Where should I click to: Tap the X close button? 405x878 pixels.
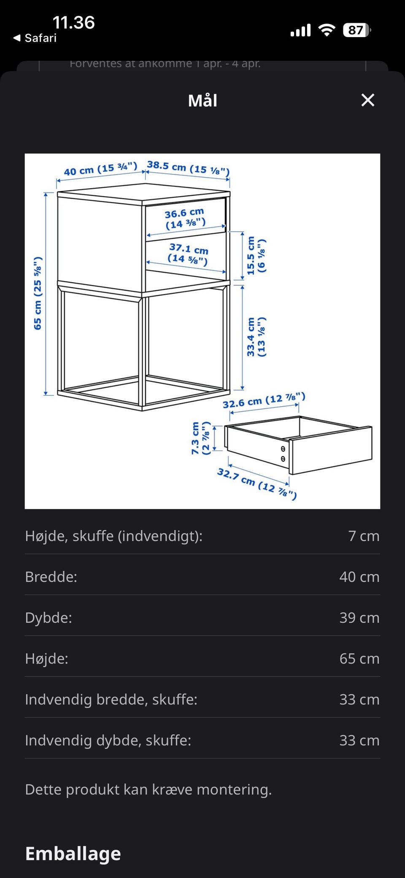coord(368,100)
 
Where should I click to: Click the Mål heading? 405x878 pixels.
coord(202,100)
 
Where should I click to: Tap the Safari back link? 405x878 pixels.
coord(35,38)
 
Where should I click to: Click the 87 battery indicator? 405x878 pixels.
coord(357,30)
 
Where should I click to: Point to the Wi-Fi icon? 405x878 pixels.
coord(327,30)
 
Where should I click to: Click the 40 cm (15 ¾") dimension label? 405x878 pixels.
coord(100,169)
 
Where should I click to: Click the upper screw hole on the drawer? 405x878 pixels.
coord(283,449)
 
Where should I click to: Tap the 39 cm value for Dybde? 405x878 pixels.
coord(359,618)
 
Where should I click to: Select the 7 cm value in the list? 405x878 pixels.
coord(364,536)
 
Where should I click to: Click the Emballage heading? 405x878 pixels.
coord(73,854)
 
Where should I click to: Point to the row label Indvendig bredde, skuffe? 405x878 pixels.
coord(111,700)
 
